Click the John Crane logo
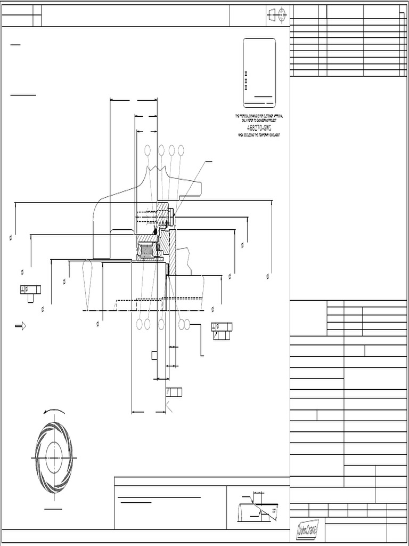coord(307,530)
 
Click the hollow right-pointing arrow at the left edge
coord(21,325)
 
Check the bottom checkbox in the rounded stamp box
coord(246,87)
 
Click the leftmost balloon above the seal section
coord(148,150)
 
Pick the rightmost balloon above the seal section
coord(181,150)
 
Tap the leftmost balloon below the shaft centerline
coord(140,324)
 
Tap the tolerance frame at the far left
coord(30,290)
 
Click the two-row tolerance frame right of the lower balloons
coord(222,331)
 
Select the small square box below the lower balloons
coord(154,355)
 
